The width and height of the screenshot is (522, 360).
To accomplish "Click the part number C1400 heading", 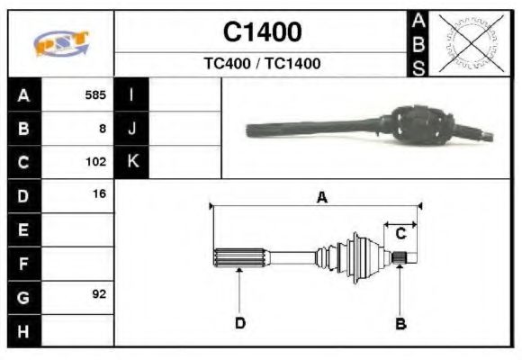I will pos(262,32).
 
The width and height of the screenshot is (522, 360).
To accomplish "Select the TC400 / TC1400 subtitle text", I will pos(262,64).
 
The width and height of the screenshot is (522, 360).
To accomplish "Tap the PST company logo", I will pos(60,44).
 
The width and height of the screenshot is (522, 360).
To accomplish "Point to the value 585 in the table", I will pos(95,94).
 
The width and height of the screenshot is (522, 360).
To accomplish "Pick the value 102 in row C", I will pos(95,162).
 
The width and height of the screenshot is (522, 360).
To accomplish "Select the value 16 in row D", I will pos(99,194).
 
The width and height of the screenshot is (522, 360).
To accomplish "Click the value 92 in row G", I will pos(99,294).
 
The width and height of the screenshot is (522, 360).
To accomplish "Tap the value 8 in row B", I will pos(103,129).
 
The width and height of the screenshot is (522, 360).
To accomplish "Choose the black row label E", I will pos(24,229).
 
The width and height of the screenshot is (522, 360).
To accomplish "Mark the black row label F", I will pos(24,263).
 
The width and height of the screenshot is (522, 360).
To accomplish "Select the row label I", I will pos(132,94).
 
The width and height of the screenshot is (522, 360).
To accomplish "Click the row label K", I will pos(132,162).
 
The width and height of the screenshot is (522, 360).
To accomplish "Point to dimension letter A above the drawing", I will pos(321,198).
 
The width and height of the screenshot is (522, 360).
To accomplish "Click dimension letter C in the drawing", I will pos(401,233).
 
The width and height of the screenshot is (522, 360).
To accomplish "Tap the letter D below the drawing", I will pos(240,323).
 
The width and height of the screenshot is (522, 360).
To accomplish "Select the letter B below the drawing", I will pos(401,323).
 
